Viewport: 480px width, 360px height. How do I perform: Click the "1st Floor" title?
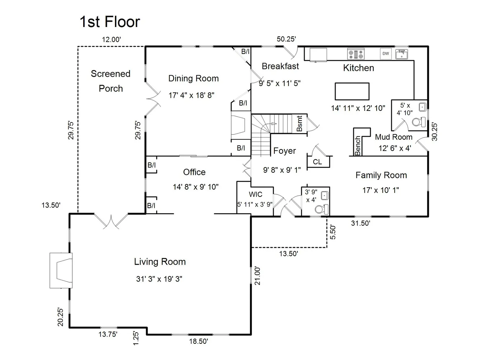[x=110, y=22]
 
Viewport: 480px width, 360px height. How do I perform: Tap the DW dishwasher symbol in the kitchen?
[x=386, y=54]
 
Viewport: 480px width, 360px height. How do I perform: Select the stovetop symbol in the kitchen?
[x=355, y=54]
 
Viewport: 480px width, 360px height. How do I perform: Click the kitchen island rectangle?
[x=352, y=91]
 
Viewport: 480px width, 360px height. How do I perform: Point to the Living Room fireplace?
[x=61, y=270]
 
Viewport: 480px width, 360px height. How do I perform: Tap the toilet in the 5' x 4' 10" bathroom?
[x=418, y=122]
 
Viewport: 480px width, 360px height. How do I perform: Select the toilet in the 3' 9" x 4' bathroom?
[x=322, y=210]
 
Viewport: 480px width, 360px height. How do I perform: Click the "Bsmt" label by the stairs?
[x=299, y=123]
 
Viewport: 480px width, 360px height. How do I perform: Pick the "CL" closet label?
[x=317, y=162]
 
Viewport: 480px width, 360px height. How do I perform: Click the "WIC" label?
[x=255, y=194]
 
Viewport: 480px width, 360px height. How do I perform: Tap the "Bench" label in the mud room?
[x=357, y=145]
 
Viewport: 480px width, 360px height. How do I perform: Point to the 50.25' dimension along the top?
[x=286, y=39]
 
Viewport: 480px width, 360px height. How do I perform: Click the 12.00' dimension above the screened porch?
[x=111, y=40]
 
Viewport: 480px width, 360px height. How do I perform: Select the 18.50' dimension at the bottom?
[x=198, y=341]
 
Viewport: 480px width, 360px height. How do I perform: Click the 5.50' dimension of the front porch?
[x=332, y=232]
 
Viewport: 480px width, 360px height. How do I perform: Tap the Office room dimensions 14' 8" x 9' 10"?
[x=196, y=187]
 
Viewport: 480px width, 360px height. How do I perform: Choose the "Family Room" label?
[x=381, y=175]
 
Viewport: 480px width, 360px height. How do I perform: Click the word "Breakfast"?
[x=280, y=66]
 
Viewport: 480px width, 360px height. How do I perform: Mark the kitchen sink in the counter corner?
[x=402, y=54]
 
